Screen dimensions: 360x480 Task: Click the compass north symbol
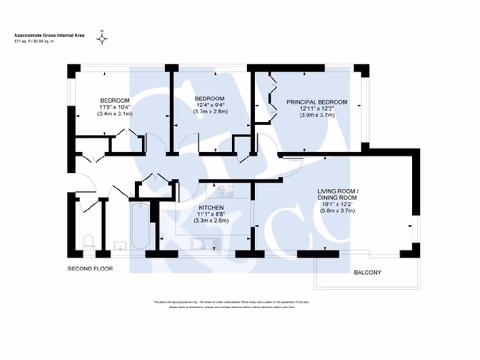(102, 38)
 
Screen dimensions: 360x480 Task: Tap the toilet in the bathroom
(89, 240)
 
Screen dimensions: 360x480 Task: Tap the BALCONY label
(367, 272)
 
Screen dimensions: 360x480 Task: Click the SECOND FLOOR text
(91, 269)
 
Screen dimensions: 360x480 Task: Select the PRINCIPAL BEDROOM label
(317, 102)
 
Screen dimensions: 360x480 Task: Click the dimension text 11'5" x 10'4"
(115, 107)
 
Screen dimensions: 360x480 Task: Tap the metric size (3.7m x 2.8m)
(210, 112)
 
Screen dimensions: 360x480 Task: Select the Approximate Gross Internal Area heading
(49, 35)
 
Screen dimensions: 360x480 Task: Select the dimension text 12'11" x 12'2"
(317, 108)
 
